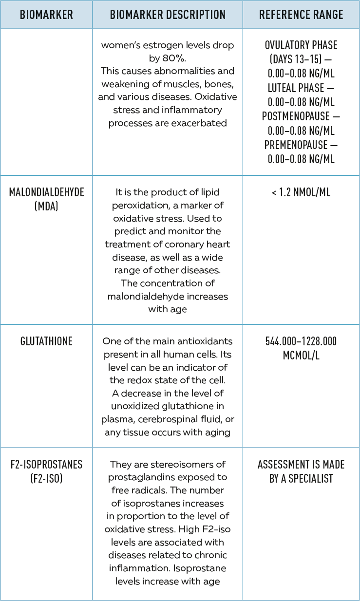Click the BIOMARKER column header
point(46,15)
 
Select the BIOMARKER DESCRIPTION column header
point(168,15)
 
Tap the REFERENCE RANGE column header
point(301,15)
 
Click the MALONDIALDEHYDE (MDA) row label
point(46,199)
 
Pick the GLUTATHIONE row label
point(46,341)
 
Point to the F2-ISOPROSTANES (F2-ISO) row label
point(46,471)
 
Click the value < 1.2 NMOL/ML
point(301,192)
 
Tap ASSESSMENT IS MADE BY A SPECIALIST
point(301,471)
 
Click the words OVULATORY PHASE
point(301,45)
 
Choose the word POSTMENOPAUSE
point(297,116)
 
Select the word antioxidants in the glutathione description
point(202,341)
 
